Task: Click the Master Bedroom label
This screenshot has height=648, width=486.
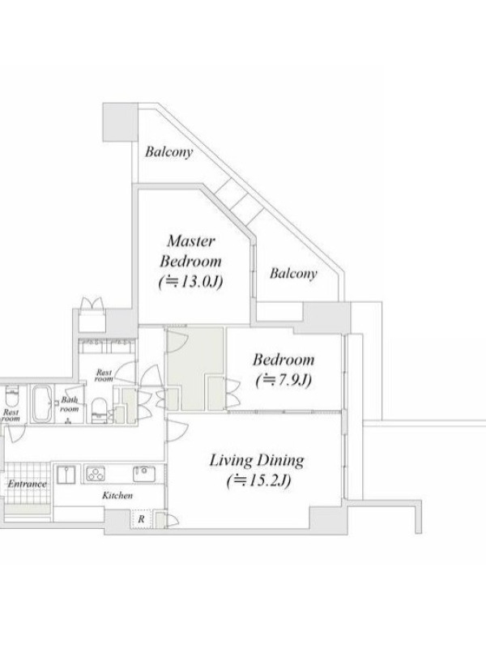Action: click(191, 251)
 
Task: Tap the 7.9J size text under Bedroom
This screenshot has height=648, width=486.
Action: click(283, 380)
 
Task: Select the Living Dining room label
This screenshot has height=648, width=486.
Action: click(257, 460)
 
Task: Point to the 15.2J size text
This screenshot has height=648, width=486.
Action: click(258, 480)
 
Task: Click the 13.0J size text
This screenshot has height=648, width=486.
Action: click(191, 282)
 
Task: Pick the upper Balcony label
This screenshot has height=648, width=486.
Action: click(168, 152)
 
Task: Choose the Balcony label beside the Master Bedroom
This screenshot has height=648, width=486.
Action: click(293, 274)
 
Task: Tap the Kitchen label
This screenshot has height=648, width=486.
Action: click(117, 495)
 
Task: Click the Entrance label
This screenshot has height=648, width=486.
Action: click(28, 484)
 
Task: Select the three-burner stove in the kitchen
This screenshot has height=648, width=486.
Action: click(96, 474)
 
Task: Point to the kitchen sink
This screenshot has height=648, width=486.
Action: click(144, 474)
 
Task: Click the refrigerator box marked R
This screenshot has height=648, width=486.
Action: click(141, 519)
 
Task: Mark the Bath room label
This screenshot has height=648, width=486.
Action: click(70, 404)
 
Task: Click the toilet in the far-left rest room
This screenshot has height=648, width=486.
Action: click(11, 397)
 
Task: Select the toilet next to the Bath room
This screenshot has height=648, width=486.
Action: click(98, 411)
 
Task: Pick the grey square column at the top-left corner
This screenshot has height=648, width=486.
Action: click(120, 122)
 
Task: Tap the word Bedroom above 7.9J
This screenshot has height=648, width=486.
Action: click(283, 360)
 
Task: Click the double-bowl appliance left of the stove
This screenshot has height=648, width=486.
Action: click(66, 475)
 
